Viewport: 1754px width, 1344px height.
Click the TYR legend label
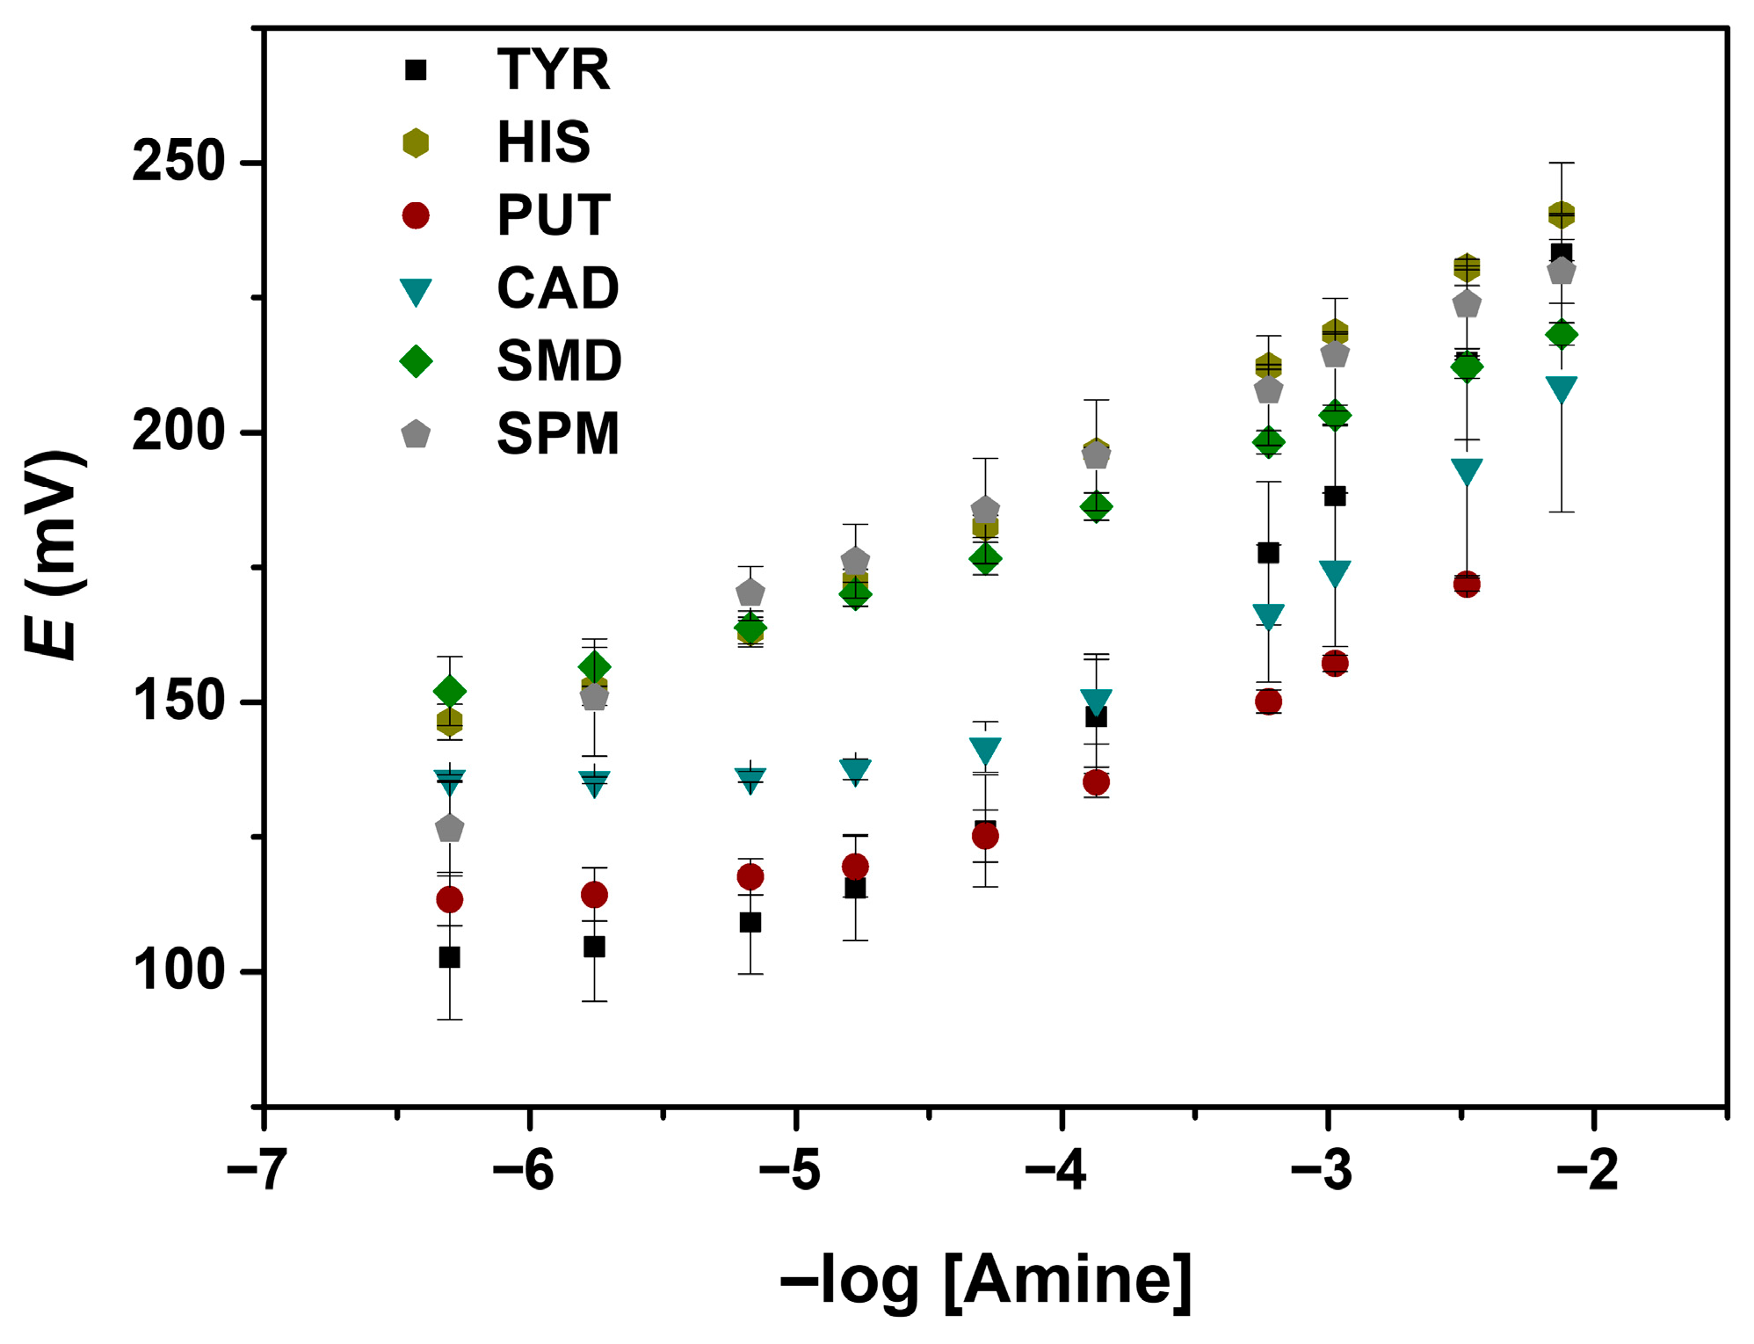click(553, 69)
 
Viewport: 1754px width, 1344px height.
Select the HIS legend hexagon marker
click(416, 142)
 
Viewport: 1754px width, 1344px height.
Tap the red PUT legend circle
click(416, 215)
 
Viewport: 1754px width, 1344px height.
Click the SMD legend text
click(559, 361)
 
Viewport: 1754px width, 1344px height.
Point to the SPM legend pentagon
click(416, 434)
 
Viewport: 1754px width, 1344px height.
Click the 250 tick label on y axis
click(178, 163)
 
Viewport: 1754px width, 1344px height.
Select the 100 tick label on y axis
click(178, 971)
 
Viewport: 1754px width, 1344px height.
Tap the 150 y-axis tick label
click(178, 702)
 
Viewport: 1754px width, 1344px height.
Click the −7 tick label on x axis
click(257, 1171)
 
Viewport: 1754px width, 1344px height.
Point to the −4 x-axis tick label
click(1055, 1171)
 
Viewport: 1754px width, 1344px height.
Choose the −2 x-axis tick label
click(1587, 1171)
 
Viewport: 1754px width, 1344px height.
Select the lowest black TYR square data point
click(449, 957)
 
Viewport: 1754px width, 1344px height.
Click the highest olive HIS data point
click(1561, 214)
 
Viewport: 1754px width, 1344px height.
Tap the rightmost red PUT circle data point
click(1466, 584)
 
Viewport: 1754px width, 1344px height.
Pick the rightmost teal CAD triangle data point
click(1561, 388)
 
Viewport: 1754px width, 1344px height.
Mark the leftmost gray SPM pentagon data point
click(449, 829)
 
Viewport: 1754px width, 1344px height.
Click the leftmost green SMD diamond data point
click(449, 692)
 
